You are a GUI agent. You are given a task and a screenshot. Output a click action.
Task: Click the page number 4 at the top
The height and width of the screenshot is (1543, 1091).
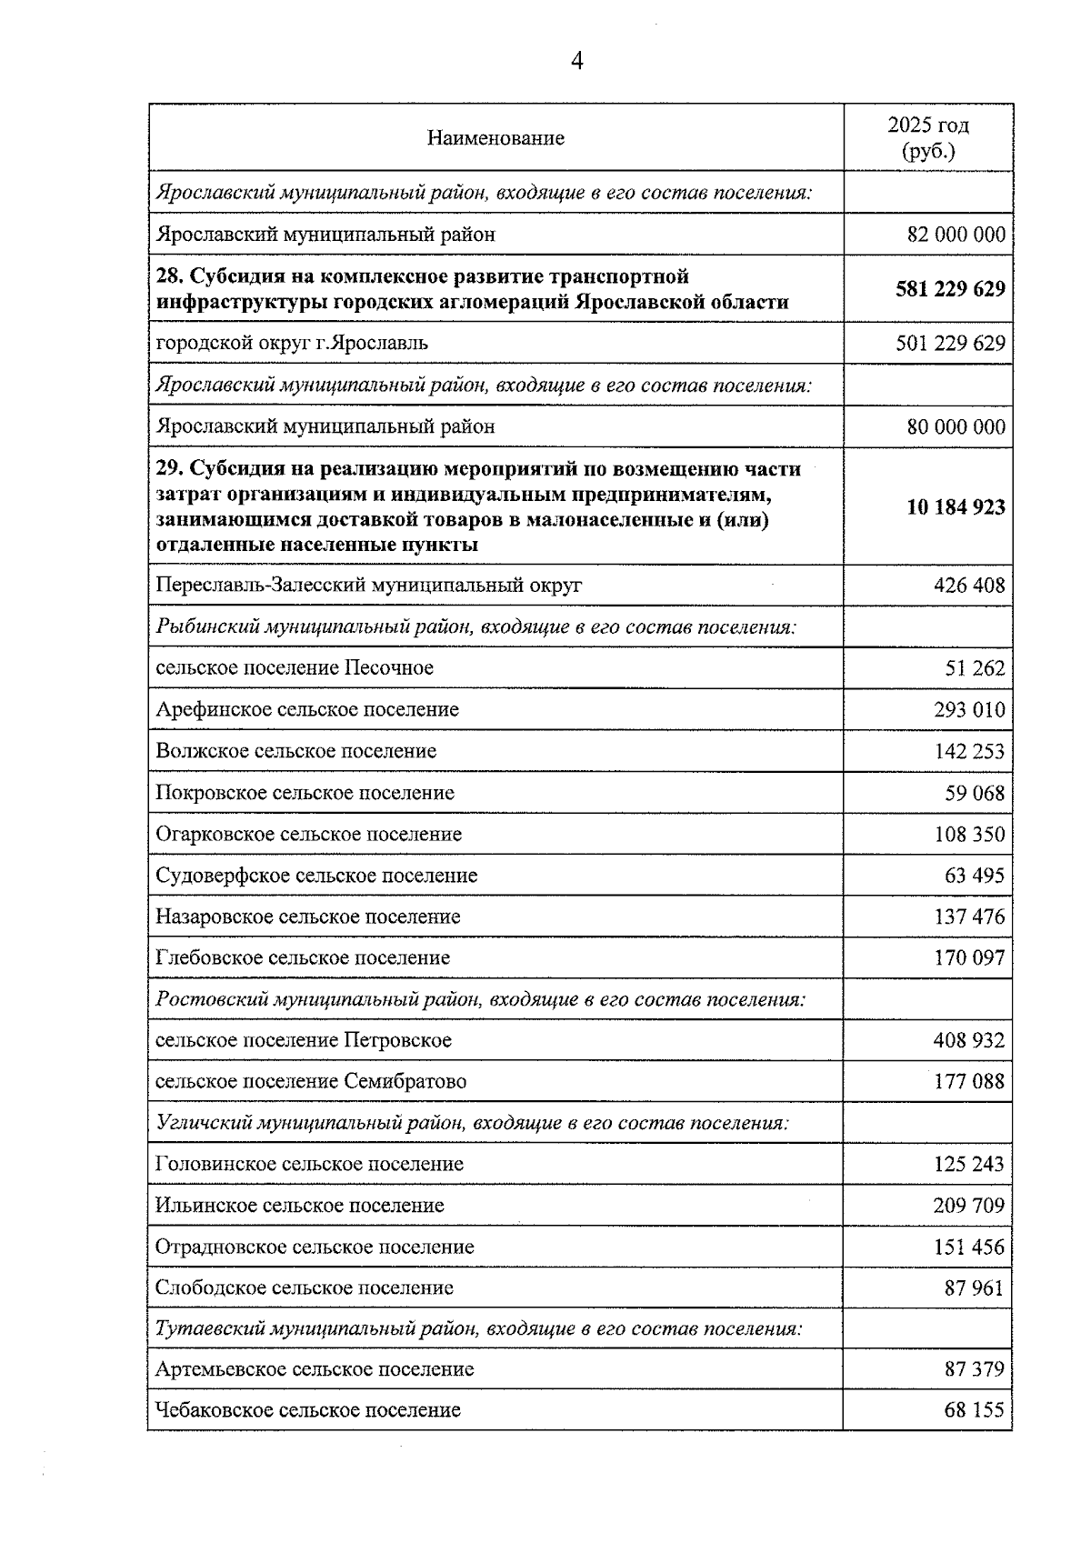point(576,61)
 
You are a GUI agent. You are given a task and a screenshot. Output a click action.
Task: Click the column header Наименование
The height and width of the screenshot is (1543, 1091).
point(495,138)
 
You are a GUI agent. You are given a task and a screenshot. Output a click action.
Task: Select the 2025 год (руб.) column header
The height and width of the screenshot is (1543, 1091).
point(928,138)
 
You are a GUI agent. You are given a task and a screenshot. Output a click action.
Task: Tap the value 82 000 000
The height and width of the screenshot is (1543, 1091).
point(956,235)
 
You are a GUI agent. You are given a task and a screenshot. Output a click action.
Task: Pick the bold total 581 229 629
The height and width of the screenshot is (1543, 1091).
point(950,289)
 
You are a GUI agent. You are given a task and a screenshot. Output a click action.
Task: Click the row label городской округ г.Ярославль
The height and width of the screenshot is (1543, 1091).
point(292,343)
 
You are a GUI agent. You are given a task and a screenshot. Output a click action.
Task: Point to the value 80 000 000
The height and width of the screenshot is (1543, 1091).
point(956,426)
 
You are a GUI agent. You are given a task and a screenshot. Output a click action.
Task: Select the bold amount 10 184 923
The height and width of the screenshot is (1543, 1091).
point(956,506)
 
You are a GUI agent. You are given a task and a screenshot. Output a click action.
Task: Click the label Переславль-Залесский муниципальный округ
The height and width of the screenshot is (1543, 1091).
point(368,585)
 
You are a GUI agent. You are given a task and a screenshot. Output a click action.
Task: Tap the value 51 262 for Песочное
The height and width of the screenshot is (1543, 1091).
point(975,668)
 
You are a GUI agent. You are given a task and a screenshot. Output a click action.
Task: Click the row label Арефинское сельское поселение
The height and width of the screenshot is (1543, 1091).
point(307,709)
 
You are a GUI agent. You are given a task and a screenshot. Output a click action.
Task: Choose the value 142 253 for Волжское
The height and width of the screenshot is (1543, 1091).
point(969,751)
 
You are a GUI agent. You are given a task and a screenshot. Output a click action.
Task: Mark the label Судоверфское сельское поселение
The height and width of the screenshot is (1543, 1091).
point(316,876)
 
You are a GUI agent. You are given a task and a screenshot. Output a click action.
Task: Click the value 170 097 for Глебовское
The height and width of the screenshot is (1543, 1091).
point(969,957)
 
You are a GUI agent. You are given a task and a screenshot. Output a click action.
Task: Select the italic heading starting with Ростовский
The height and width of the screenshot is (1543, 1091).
point(481,999)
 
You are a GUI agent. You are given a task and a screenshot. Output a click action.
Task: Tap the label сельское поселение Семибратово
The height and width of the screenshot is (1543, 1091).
point(311,1081)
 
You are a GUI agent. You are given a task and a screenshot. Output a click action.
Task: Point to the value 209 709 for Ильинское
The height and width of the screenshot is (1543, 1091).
point(969,1206)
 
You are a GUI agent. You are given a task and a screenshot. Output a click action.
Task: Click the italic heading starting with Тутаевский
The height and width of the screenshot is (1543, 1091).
point(479,1328)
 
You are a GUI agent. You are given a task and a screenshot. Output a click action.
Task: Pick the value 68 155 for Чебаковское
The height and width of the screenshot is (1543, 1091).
point(975,1410)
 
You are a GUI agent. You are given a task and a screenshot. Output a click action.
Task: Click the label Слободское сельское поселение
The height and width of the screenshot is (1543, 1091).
point(305,1288)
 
